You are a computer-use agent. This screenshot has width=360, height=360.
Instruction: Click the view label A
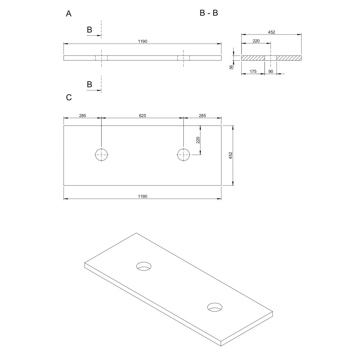point(69,13)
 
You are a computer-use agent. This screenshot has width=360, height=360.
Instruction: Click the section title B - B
point(209,13)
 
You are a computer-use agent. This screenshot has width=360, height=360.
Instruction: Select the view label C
point(69,97)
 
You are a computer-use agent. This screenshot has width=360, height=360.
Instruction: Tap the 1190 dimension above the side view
point(142,41)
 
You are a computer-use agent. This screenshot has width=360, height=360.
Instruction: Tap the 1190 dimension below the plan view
point(142,196)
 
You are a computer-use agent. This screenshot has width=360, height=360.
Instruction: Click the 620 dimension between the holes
point(142,115)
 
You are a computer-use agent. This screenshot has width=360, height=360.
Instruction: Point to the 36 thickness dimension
point(231,67)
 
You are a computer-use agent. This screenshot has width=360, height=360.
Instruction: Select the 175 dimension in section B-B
point(253,71)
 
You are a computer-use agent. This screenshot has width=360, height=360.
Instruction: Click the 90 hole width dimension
point(271,71)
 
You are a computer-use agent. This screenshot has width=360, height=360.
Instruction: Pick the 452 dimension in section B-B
point(271,32)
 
